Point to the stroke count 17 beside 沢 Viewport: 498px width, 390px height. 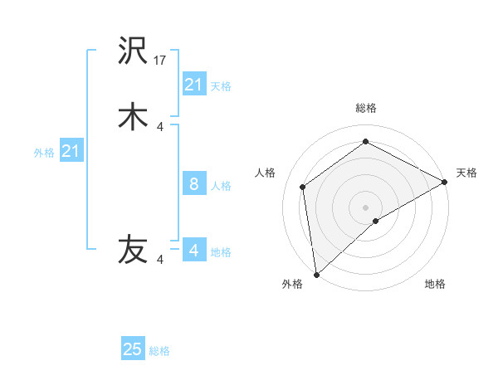(x=161, y=61)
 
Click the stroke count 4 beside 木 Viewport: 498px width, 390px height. (x=160, y=126)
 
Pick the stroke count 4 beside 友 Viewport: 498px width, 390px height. (x=160, y=260)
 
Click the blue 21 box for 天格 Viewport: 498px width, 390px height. (x=194, y=85)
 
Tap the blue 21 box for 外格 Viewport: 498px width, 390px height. (x=71, y=151)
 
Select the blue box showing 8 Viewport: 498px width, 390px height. (x=194, y=183)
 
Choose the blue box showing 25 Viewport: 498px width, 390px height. (x=133, y=349)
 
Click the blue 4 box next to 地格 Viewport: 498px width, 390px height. (x=194, y=250)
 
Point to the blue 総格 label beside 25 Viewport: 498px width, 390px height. (x=159, y=351)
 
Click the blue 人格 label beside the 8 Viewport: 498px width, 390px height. (x=222, y=185)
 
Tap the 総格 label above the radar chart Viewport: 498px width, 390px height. (x=366, y=108)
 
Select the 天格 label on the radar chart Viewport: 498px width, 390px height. (x=466, y=173)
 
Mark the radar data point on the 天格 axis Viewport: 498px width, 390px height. (x=445, y=182)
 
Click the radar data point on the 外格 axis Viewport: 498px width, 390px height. (x=316, y=274)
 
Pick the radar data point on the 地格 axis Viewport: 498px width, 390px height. (x=376, y=221)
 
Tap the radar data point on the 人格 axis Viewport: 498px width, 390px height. (x=303, y=187)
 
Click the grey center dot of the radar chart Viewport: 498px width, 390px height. (x=366, y=207)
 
